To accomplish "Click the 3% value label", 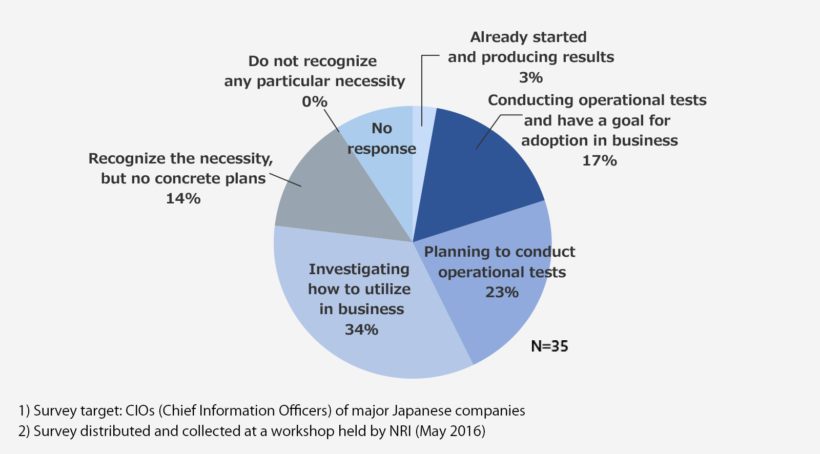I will (530, 77).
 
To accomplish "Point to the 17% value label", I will (599, 161).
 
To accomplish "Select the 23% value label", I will (502, 292).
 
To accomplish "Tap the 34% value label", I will (361, 329).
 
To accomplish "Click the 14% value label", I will (183, 199).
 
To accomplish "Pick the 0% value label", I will (314, 101).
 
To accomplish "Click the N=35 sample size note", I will (549, 346).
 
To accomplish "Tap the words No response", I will (382, 138).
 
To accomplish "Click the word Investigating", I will (359, 269).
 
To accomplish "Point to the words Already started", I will (528, 37).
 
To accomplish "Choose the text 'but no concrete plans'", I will (183, 178).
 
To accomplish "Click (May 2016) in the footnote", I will (450, 431).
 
